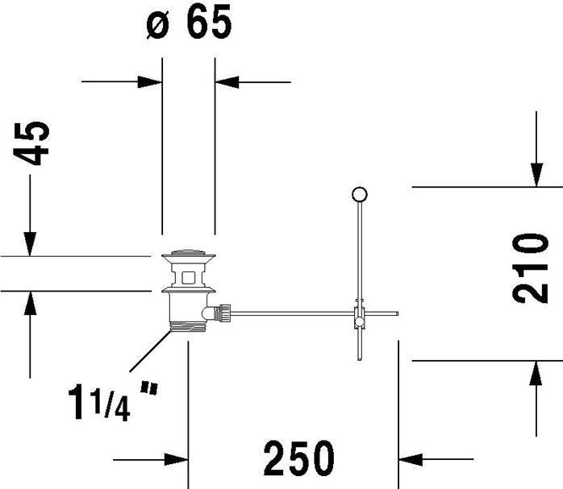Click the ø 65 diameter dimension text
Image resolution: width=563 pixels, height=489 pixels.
(x=189, y=23)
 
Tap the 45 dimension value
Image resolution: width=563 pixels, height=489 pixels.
(x=31, y=143)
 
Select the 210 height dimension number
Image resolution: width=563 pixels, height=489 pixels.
(x=530, y=268)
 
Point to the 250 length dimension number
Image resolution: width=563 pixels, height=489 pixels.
(x=298, y=458)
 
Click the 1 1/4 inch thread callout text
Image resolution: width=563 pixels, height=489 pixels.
(x=113, y=401)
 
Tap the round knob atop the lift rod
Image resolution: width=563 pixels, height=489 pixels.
(x=360, y=195)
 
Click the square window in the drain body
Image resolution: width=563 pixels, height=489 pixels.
(x=189, y=277)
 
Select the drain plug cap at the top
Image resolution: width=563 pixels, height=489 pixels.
(x=189, y=255)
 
